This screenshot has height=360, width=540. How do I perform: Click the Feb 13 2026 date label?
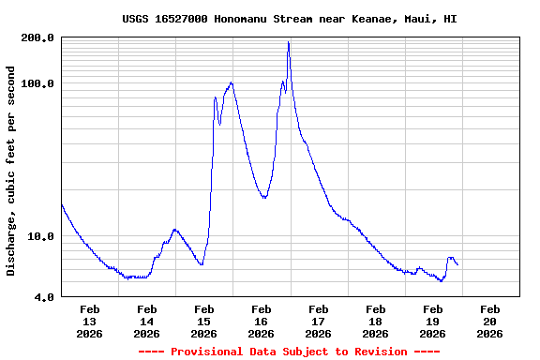point(90,321)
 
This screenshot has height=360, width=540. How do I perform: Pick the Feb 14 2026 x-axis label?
point(147,321)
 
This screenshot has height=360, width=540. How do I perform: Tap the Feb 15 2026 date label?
point(204,321)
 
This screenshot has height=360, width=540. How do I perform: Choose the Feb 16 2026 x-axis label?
point(262,321)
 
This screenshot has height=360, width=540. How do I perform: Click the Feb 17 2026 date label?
point(319,321)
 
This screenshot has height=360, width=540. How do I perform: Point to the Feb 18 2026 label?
point(376,321)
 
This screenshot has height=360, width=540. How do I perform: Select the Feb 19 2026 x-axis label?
point(433,321)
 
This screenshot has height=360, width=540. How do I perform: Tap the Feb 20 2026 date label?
point(490,321)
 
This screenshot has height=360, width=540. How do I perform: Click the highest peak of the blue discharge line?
point(289,42)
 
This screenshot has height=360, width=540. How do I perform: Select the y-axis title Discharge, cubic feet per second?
point(11,171)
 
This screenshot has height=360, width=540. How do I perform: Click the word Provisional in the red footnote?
point(203,352)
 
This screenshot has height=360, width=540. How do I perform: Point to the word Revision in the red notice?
point(379,352)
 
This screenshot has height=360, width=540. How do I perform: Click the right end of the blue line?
point(457,265)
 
